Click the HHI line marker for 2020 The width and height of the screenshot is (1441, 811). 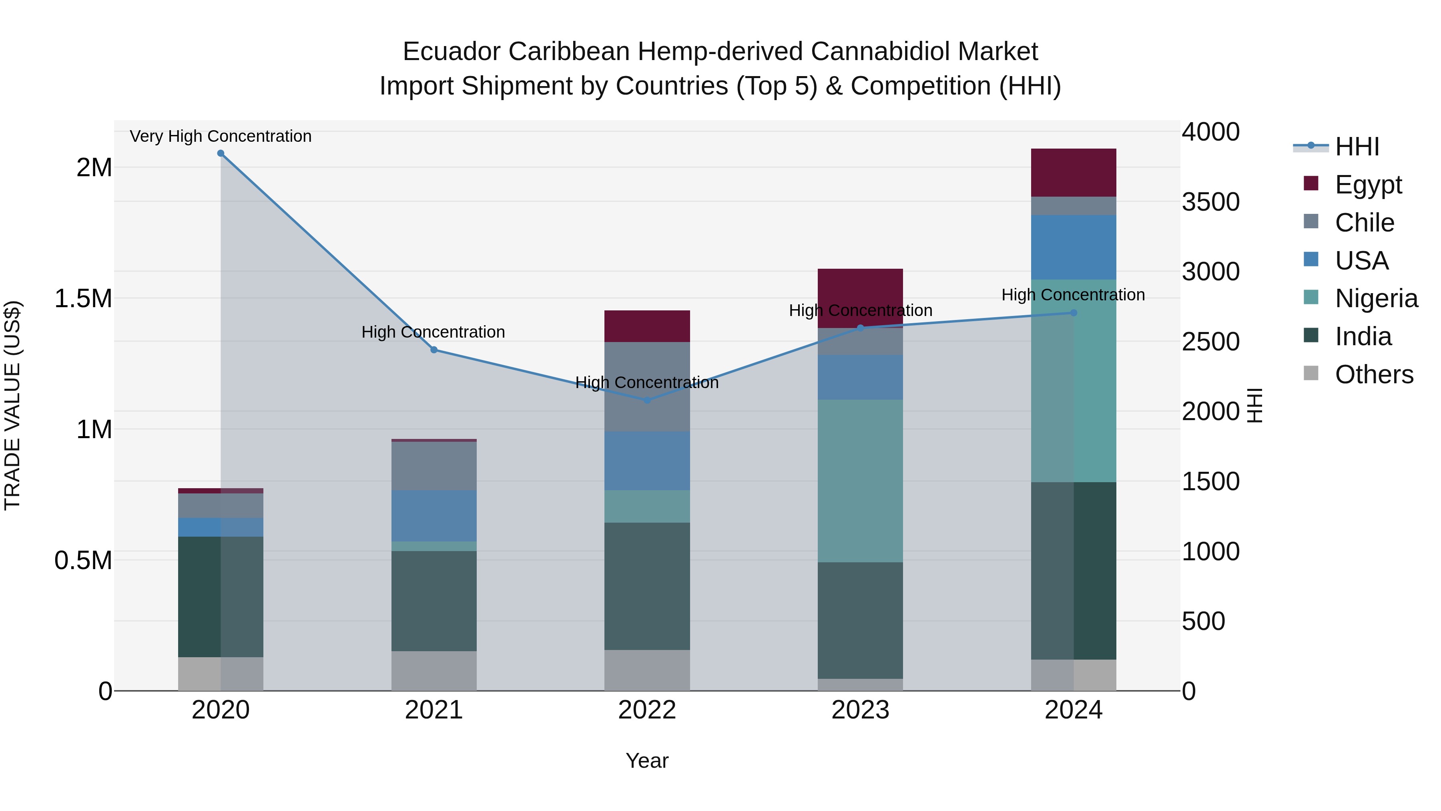pos(221,153)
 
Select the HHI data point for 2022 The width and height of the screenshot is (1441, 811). pos(647,400)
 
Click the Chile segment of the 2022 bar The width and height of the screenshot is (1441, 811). pos(647,386)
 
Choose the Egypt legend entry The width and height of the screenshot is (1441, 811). pos(1368,184)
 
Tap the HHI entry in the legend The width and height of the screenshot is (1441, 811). pos(1357,147)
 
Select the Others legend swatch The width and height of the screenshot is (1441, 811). pos(1311,373)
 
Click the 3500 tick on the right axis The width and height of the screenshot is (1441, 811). pos(1210,202)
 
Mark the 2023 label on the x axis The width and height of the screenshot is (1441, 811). pos(860,710)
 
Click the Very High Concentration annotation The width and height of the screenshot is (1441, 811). pos(221,136)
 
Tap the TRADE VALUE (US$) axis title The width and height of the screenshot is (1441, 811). pos(12,405)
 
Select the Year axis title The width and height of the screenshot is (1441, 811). pos(647,761)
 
